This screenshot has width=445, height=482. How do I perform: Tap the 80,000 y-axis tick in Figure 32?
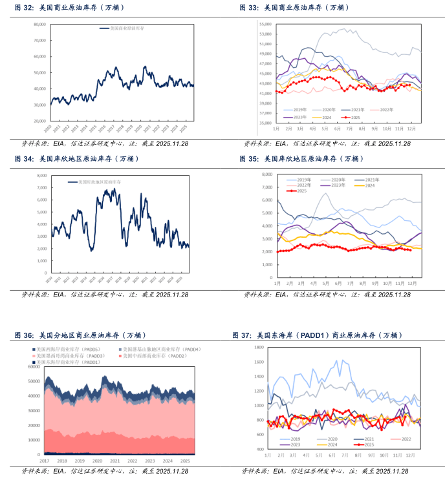point(39,24)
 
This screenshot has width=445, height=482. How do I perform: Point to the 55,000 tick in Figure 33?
point(265,24)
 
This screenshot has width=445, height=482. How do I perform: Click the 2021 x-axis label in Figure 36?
point(114,460)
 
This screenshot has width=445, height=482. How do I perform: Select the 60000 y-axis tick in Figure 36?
point(32,366)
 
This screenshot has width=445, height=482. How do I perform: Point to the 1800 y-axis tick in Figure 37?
point(258,347)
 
